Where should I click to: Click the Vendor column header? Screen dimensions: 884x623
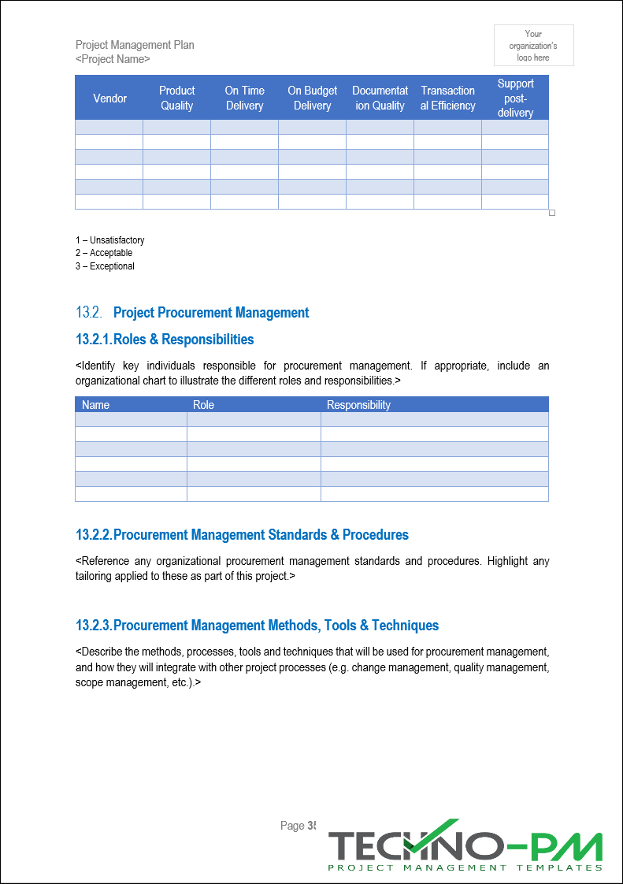tap(109, 98)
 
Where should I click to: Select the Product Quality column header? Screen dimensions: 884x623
tap(176, 98)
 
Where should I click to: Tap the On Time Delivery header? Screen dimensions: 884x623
tap(244, 98)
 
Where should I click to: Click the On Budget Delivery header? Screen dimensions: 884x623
tap(312, 98)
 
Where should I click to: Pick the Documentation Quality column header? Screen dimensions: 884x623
tap(380, 98)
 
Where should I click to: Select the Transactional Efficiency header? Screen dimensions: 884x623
tap(447, 98)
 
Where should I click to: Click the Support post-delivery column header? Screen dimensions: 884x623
tap(515, 98)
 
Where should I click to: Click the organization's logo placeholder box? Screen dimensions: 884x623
tap(533, 45)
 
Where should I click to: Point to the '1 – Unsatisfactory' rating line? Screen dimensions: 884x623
tap(110, 240)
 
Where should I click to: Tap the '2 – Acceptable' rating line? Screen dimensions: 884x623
tap(104, 253)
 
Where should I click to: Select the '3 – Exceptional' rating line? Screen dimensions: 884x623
tap(105, 266)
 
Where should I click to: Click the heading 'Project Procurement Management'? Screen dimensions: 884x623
tap(211, 313)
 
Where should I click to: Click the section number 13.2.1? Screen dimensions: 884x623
tap(94, 340)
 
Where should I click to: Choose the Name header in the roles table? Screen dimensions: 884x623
tap(96, 405)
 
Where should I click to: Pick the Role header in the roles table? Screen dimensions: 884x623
tap(203, 405)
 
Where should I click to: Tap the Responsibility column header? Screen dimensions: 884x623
tap(358, 405)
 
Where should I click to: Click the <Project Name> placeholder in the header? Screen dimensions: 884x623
tap(113, 59)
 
